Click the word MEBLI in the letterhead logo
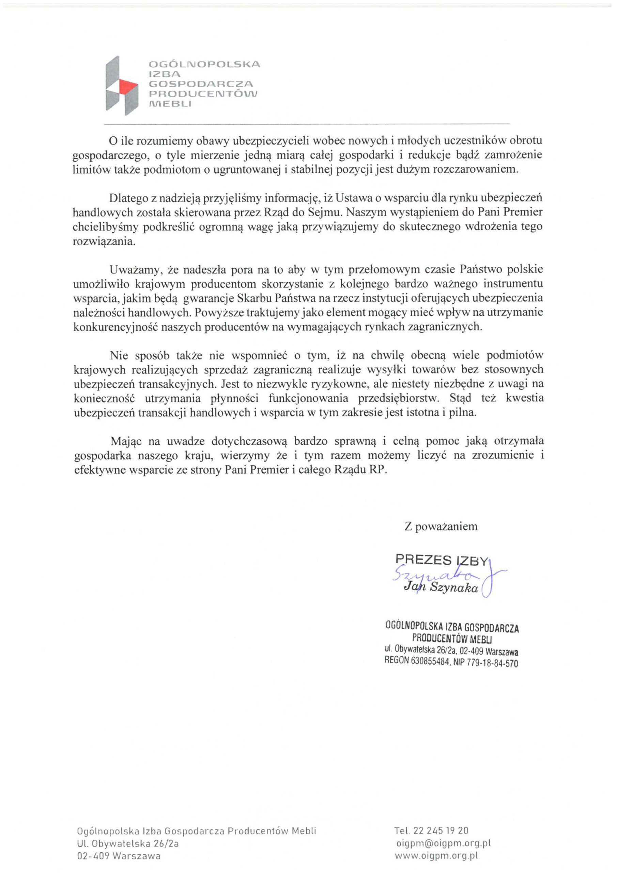[170, 104]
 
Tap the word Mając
[126, 441]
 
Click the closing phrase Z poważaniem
[441, 527]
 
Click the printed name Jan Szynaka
[441, 588]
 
